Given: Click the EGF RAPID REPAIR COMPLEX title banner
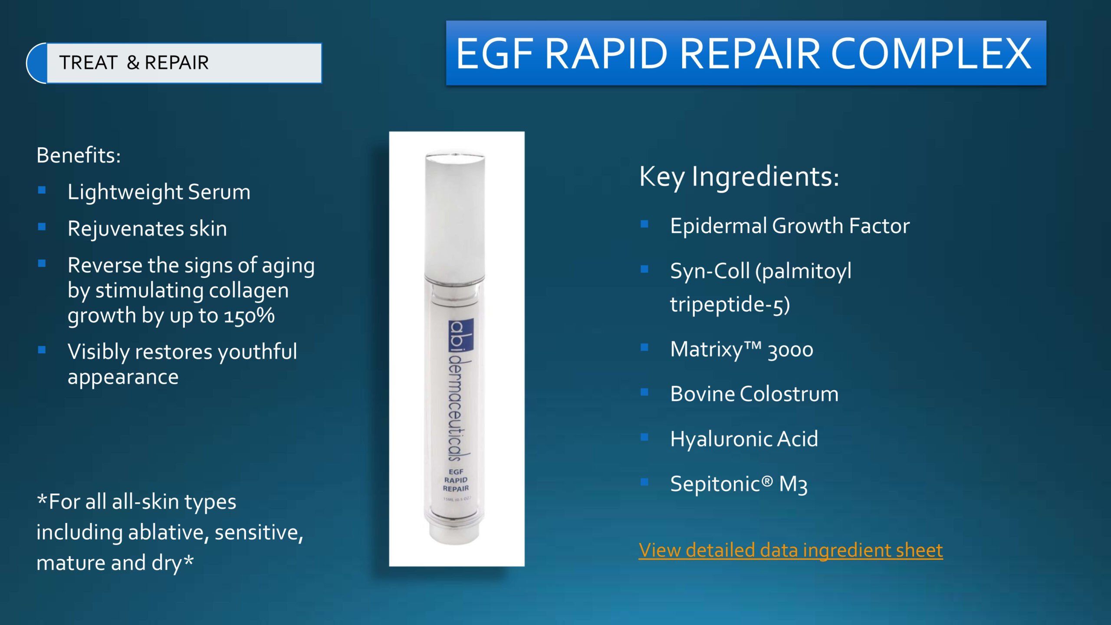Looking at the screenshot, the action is point(746,53).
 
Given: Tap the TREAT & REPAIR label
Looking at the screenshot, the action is point(134,62).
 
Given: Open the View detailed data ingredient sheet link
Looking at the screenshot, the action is point(791,550).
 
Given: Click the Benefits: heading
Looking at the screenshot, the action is point(79,155).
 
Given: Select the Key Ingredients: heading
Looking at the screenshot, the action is point(739,177).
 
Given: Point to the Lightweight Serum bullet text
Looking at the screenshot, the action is point(159,192).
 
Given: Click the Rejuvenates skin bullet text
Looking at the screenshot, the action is point(147,229).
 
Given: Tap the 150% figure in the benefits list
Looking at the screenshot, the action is point(249,316).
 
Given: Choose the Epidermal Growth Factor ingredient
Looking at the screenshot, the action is point(790,226).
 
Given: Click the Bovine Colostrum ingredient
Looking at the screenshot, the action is point(754,394).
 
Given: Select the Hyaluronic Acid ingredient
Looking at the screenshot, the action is point(744,439).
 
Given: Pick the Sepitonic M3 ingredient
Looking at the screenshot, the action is point(739,484).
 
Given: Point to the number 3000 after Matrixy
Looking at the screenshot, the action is point(790,350).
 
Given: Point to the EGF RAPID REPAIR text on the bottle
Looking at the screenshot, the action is point(456,480).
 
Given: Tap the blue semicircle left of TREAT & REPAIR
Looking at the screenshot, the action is point(36,63).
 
